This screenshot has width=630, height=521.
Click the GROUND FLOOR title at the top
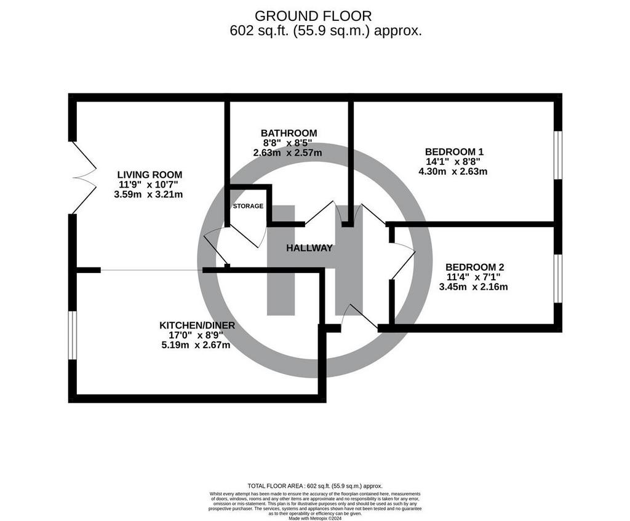[x=313, y=16]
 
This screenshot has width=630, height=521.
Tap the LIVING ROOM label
[x=150, y=175]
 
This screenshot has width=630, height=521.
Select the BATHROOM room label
[x=289, y=133]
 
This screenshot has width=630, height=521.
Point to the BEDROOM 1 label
[x=455, y=152]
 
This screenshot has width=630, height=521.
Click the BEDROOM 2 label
[x=475, y=267]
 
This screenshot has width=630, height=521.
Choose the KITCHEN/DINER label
[x=197, y=325]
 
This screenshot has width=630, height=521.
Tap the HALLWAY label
[x=309, y=249]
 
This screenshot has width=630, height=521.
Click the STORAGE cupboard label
[x=249, y=206]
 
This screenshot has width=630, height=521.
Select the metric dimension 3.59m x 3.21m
[x=149, y=194]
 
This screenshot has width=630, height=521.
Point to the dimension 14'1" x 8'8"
[x=453, y=162]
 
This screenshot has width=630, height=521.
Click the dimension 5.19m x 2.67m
[x=196, y=345]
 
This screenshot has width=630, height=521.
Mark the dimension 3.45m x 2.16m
[x=473, y=287]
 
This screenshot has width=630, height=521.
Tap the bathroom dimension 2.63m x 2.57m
[x=287, y=153]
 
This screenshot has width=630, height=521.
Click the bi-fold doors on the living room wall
[x=84, y=178]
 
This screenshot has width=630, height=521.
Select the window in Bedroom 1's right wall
[x=558, y=154]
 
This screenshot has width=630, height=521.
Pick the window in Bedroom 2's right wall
[x=558, y=279]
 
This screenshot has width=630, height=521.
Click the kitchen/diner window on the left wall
[x=73, y=335]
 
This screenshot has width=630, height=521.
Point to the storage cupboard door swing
[x=248, y=236]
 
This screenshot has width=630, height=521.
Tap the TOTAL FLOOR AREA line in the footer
[x=315, y=486]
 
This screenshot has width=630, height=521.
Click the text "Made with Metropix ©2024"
[x=315, y=518]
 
